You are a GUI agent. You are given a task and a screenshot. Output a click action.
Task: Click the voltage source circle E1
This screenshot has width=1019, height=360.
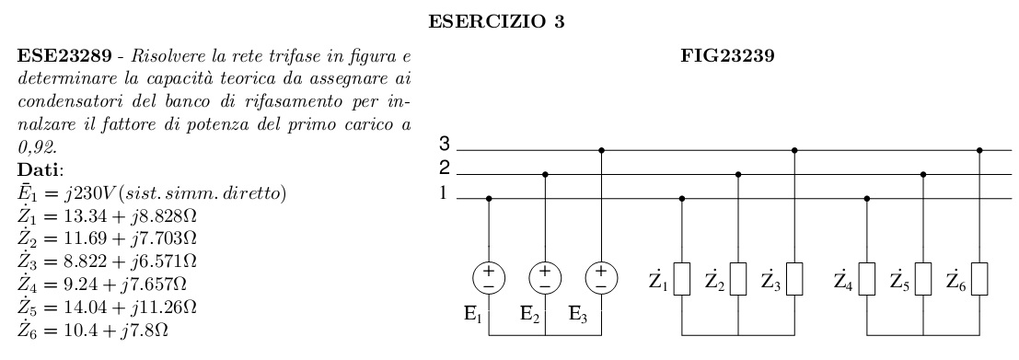489,277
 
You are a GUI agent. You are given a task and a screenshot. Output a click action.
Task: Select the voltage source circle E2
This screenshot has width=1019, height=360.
546,277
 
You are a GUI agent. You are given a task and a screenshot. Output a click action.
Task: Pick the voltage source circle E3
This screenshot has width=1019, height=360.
601,277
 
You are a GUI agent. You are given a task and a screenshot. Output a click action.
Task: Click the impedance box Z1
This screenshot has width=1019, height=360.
682,279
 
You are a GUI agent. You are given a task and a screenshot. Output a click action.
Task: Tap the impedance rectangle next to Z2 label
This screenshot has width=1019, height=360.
738,279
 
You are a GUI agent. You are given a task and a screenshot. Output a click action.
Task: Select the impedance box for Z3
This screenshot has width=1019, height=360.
795,279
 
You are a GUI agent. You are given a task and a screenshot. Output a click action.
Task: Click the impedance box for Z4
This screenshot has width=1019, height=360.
868,279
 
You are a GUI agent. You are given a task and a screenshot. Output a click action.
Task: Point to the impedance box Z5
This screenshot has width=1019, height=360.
923,279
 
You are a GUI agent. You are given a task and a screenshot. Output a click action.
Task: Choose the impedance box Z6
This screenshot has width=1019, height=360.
980,279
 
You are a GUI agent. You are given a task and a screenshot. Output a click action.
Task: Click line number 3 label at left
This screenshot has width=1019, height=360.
444,145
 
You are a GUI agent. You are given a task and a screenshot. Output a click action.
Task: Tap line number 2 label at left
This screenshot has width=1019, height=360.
444,168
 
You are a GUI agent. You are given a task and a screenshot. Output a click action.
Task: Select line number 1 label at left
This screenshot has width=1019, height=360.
444,192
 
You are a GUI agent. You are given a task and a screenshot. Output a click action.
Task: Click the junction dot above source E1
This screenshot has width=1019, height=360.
489,197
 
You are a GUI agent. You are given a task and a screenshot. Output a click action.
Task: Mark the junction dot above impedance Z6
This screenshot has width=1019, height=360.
980,149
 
